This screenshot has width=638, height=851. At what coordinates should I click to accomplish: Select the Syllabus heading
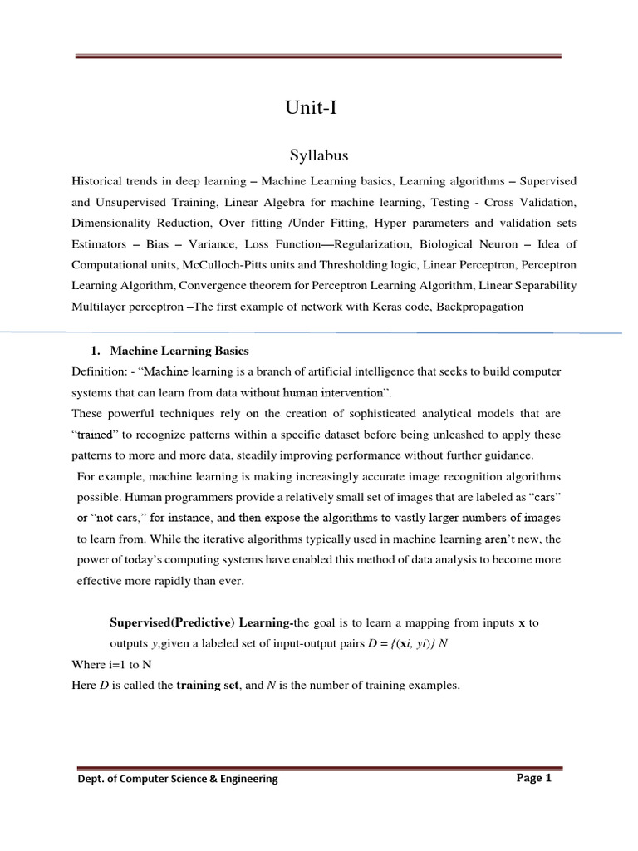click(x=318, y=156)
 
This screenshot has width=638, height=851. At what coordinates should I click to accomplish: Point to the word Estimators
click(x=101, y=243)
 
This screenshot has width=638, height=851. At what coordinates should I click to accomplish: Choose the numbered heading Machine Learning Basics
click(x=179, y=351)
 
